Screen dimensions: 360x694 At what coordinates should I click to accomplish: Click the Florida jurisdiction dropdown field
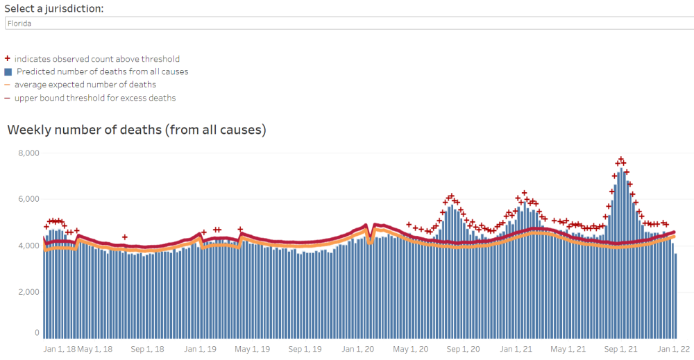coord(347,23)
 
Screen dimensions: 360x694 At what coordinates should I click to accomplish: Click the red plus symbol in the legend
coord(8,59)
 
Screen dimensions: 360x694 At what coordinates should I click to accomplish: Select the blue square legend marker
coord(8,71)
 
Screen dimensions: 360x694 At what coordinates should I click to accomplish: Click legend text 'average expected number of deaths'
coord(85,85)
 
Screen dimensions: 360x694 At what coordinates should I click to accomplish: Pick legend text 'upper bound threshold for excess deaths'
coord(95,98)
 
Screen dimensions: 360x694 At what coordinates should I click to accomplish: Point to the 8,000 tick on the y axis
coord(28,153)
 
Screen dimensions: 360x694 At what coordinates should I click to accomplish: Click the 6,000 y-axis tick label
coord(28,199)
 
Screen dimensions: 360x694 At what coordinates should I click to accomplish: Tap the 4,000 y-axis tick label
coord(28,246)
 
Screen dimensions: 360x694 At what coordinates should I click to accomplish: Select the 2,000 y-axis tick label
coord(28,292)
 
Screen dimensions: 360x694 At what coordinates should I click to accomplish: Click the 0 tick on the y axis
coord(36,333)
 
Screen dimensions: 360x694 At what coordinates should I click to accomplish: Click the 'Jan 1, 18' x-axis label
coord(59,349)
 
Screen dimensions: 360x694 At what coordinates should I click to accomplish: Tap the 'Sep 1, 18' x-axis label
coord(146,349)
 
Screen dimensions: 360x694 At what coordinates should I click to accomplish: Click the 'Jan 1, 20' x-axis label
coord(357,349)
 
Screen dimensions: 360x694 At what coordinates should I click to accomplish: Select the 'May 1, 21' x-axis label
coord(569,349)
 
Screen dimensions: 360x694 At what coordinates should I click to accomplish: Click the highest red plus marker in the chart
coord(621,160)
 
